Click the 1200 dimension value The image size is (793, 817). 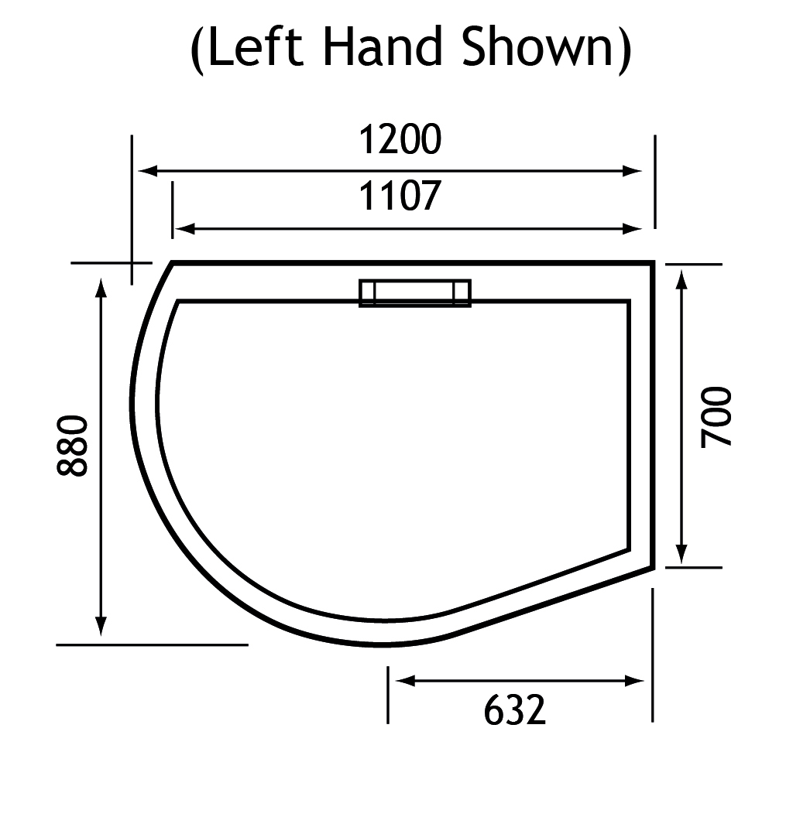[x=400, y=139]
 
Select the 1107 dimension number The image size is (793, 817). [x=400, y=196]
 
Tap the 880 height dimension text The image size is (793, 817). [x=72, y=446]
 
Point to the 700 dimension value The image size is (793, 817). [x=716, y=417]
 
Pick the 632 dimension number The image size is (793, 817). [x=515, y=710]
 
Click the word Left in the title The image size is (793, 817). [x=256, y=47]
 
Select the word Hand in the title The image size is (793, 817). [x=383, y=47]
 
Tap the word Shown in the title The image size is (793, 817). [x=538, y=47]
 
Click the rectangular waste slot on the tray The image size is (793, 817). [x=415, y=293]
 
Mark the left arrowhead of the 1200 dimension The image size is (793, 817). [x=148, y=171]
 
